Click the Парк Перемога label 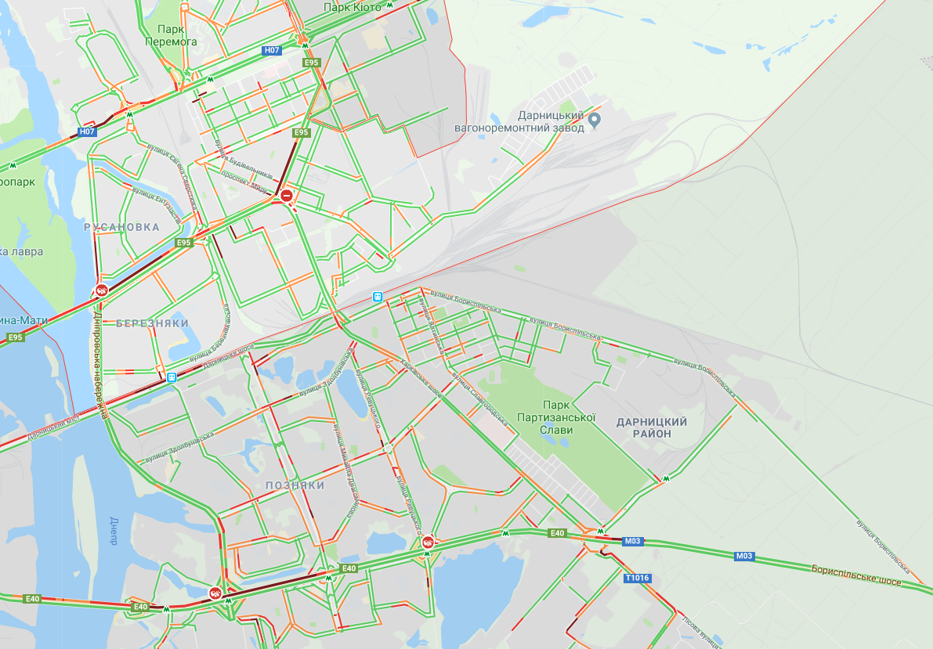click(x=171, y=35)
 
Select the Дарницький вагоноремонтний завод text click(x=519, y=121)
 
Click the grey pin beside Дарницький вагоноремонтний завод click(x=595, y=120)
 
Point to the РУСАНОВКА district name click(x=121, y=227)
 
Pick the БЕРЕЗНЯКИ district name click(x=152, y=323)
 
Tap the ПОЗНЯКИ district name click(x=295, y=485)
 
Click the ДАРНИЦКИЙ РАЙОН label click(x=652, y=427)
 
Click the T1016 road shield click(x=638, y=579)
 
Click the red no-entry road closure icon click(x=287, y=194)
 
